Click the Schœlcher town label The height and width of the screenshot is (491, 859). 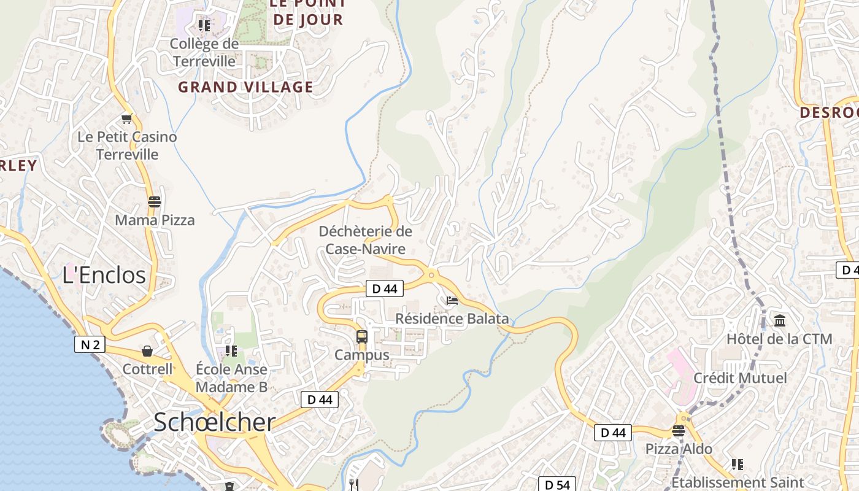[214, 422]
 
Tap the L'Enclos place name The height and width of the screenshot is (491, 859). [104, 274]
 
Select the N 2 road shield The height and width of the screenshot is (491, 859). [90, 344]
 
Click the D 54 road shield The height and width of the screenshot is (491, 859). [557, 484]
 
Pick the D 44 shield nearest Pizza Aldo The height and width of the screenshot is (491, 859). [612, 433]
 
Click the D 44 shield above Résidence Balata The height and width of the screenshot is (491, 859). [384, 288]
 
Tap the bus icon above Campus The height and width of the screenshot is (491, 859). [362, 336]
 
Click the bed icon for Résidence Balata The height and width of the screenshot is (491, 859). [452, 300]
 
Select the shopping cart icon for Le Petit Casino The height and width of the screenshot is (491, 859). [127, 118]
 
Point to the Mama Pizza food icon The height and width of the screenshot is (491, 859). [155, 201]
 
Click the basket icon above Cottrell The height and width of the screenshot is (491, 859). [147, 351]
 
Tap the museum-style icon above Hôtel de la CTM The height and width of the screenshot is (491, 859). [780, 320]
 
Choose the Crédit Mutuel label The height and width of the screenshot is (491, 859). [739, 377]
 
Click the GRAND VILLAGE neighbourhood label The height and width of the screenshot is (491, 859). [245, 87]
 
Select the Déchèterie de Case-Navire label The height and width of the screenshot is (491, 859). [366, 240]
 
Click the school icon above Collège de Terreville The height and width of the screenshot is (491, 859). [204, 26]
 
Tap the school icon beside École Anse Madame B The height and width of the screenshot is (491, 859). [231, 351]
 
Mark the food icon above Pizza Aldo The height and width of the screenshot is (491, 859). [678, 431]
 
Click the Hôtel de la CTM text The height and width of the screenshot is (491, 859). [779, 339]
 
